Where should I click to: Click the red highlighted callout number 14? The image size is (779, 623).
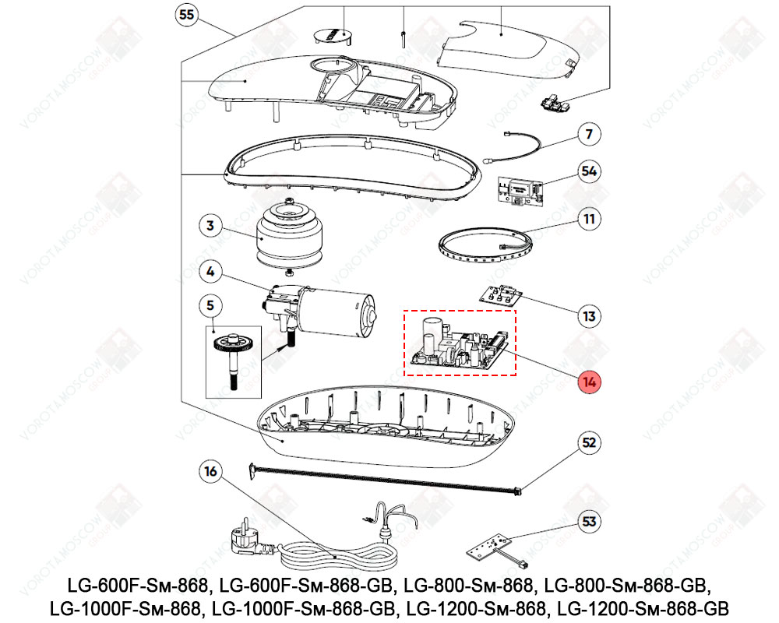point(590,382)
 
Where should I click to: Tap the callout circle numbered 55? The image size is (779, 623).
point(186,15)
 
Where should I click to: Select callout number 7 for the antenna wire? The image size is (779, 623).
point(590,134)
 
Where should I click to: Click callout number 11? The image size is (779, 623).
point(590,219)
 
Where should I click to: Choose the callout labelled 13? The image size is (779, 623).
point(590,316)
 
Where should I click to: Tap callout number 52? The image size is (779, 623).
point(590,443)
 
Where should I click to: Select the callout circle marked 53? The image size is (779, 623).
point(590,519)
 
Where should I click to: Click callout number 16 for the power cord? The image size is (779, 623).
point(211,471)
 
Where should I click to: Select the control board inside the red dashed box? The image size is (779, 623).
point(460,344)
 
